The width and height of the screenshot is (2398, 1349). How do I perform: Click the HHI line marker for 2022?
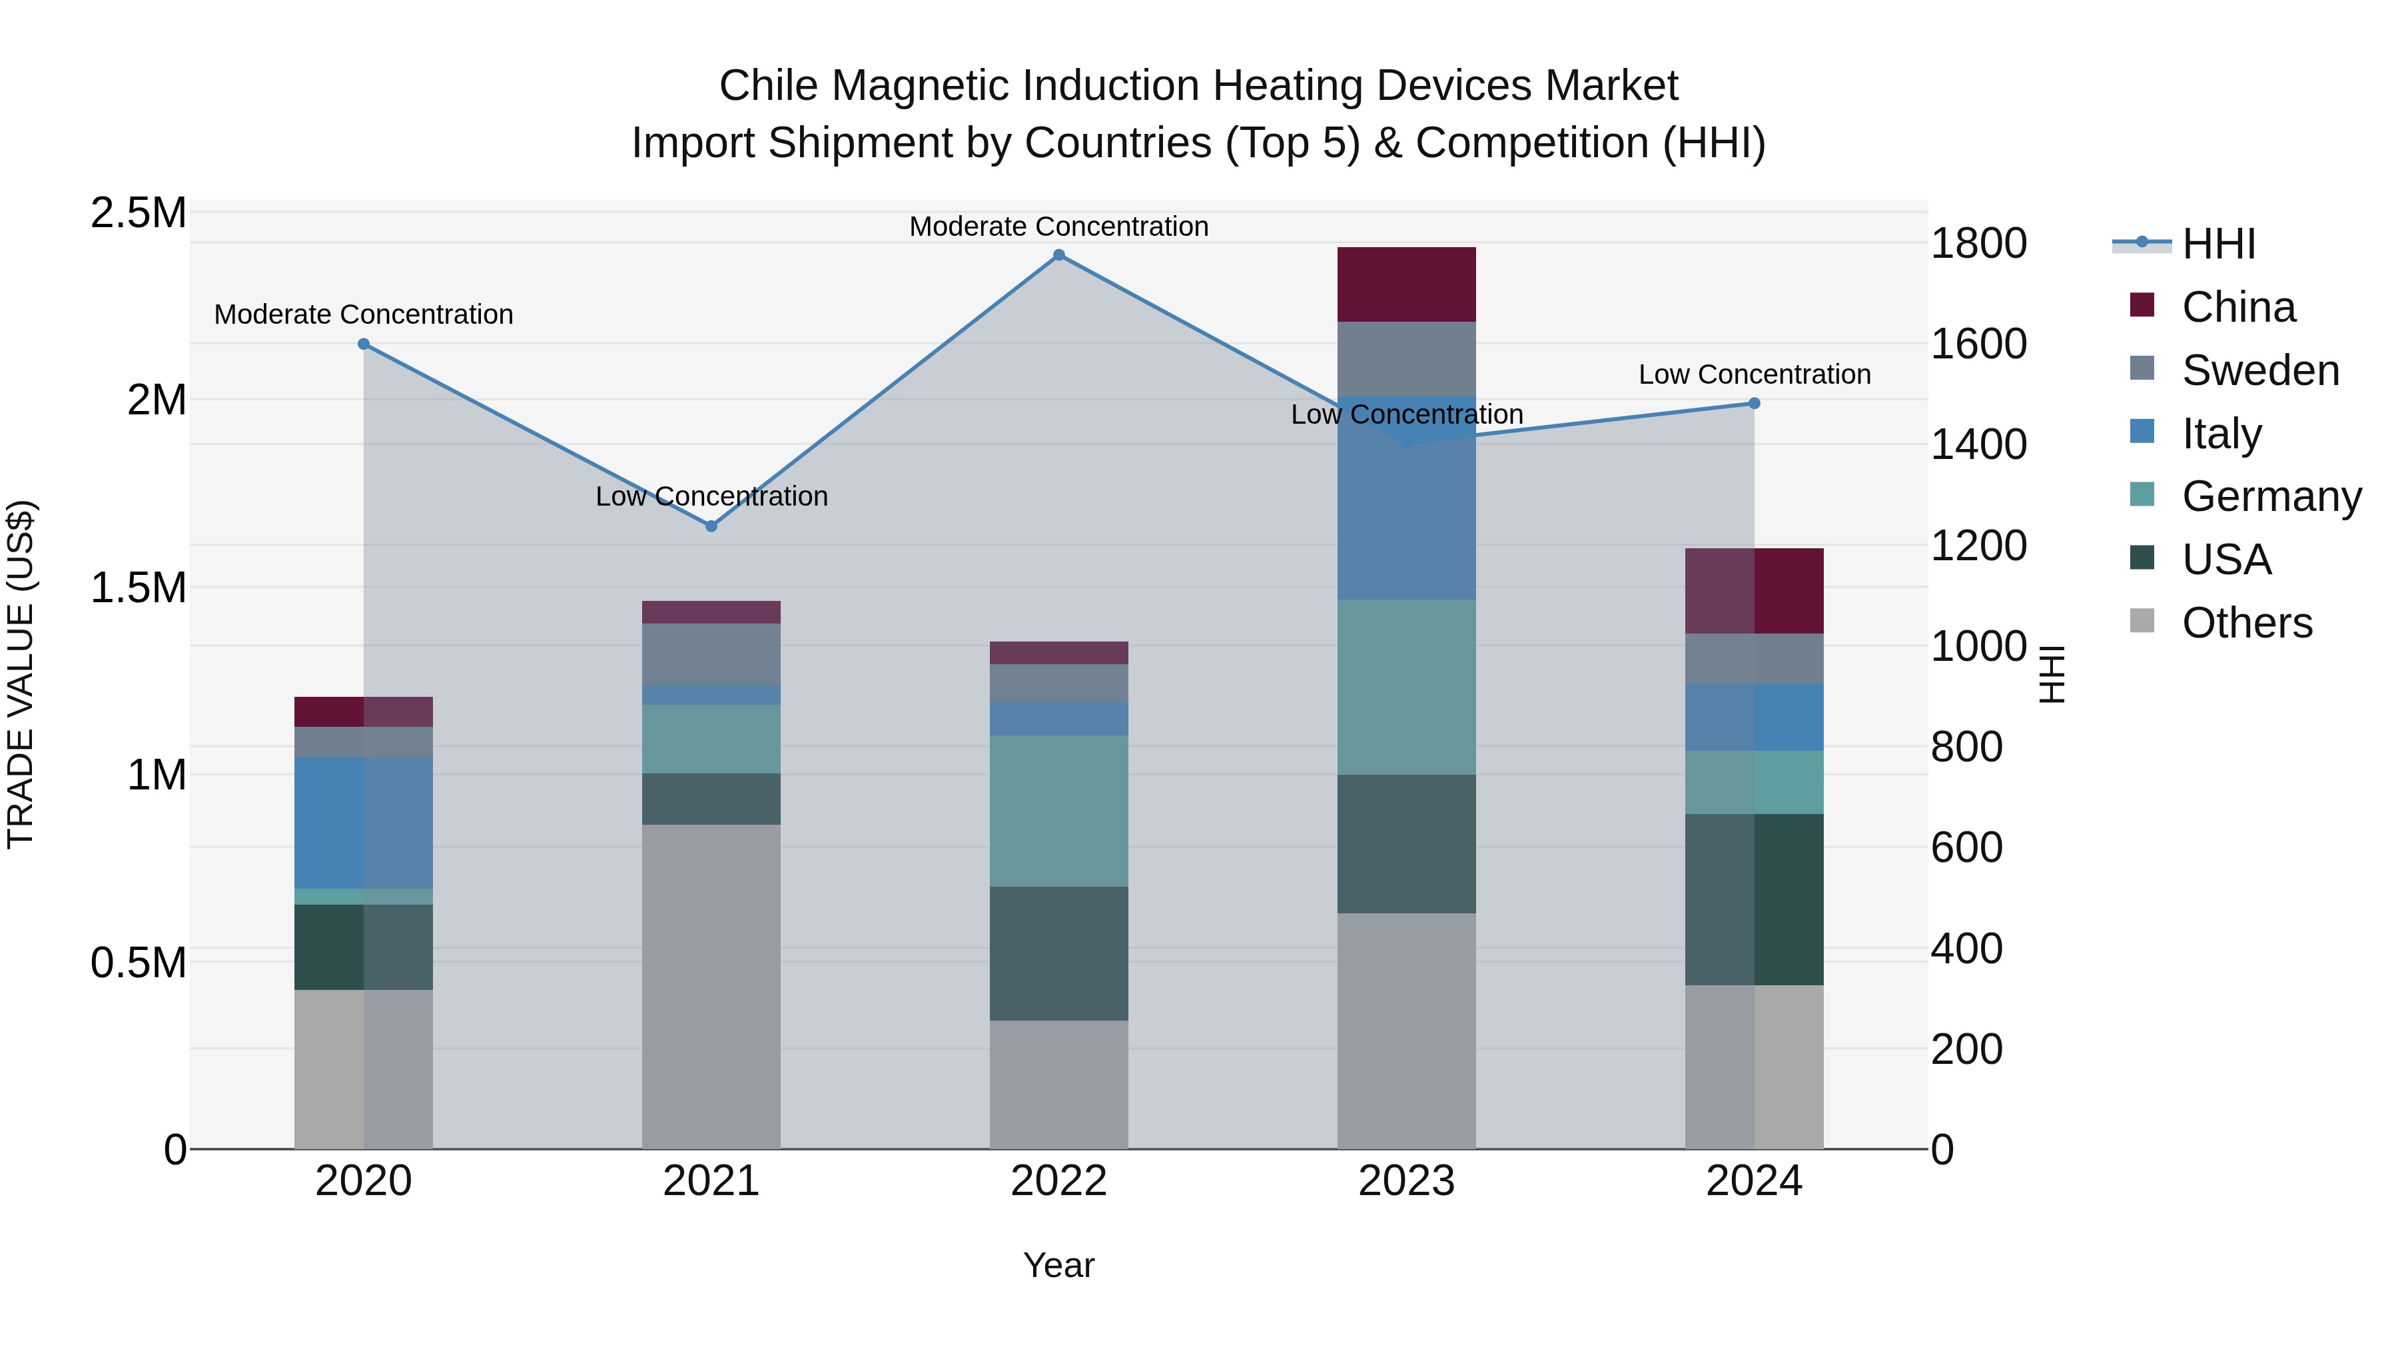click(1058, 255)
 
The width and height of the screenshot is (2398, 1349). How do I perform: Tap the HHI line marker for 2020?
click(364, 344)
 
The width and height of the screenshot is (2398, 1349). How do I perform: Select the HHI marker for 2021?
click(711, 526)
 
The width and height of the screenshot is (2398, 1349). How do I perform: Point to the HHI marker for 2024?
click(1754, 403)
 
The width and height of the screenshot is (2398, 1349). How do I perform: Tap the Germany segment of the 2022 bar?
click(1058, 810)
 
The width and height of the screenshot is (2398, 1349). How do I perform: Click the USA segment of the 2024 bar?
click(1754, 899)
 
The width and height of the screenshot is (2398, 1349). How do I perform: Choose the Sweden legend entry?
click(2259, 370)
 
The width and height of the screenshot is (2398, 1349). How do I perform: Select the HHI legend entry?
click(2217, 244)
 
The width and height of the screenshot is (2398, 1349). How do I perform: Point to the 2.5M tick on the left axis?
click(139, 213)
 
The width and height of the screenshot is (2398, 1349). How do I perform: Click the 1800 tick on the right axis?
click(1978, 244)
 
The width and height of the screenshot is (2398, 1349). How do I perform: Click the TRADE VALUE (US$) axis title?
click(21, 674)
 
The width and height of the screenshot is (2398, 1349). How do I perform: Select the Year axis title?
click(1058, 1265)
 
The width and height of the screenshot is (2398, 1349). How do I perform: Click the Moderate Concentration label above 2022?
click(1058, 226)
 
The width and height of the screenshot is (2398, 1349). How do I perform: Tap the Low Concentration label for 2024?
click(1754, 374)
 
